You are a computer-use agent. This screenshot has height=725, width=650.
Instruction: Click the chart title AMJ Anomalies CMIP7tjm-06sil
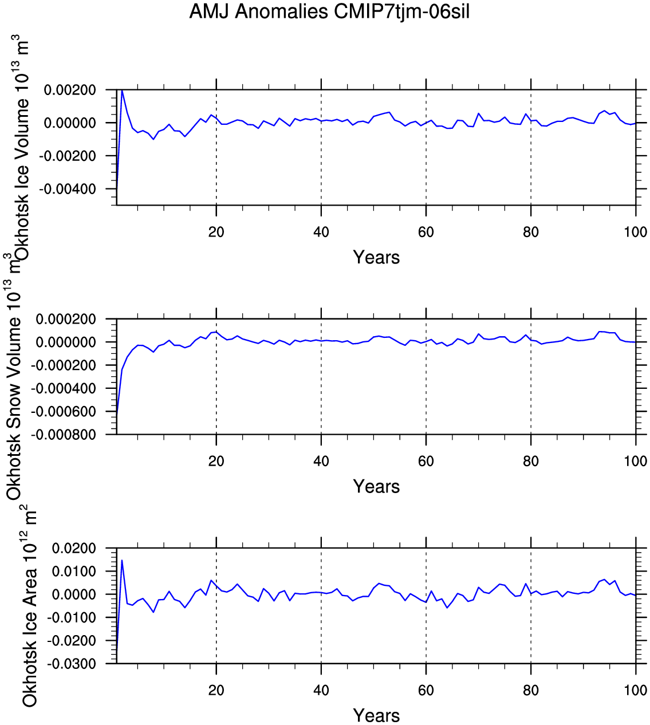pos(329,12)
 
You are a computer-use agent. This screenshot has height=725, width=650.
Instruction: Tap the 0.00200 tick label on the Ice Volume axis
pos(70,90)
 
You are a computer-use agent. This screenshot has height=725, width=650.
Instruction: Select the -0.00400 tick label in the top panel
pos(68,189)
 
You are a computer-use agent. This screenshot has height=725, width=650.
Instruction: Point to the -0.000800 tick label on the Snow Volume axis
pos(64,435)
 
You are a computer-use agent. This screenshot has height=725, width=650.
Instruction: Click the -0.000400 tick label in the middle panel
pos(64,388)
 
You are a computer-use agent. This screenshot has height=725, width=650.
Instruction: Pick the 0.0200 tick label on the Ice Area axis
pos(74,548)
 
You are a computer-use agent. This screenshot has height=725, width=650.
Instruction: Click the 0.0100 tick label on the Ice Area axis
pos(74,572)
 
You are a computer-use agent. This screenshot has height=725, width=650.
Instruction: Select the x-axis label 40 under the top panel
pos(321,233)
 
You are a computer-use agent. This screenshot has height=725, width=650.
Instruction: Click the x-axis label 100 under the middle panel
pos(635,461)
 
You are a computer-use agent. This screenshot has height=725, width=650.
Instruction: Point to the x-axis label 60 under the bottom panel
pos(426,690)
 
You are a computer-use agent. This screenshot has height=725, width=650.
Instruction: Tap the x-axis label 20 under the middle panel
pos(216,461)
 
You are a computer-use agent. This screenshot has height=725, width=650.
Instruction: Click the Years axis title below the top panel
pos(376,257)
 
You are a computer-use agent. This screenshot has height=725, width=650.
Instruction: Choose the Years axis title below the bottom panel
pos(376,715)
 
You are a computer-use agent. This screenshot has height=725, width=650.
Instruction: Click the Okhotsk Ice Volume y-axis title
pos(21,146)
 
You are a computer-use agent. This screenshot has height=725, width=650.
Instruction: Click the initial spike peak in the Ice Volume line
pos(122,90)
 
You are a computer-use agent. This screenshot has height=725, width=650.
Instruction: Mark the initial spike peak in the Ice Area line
pos(122,560)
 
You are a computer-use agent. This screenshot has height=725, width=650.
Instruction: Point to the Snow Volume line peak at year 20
pos(216,332)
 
